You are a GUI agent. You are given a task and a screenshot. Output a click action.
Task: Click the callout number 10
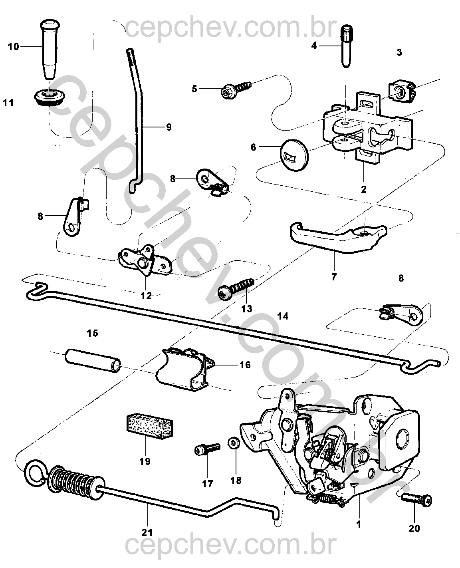13,47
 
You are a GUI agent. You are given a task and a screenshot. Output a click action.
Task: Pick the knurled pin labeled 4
345,46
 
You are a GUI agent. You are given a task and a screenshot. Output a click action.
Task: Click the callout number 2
363,189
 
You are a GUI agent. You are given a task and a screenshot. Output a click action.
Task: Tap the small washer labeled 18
234,443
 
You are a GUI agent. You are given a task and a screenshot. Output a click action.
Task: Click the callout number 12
146,296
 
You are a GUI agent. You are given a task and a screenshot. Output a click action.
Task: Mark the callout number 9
168,127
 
